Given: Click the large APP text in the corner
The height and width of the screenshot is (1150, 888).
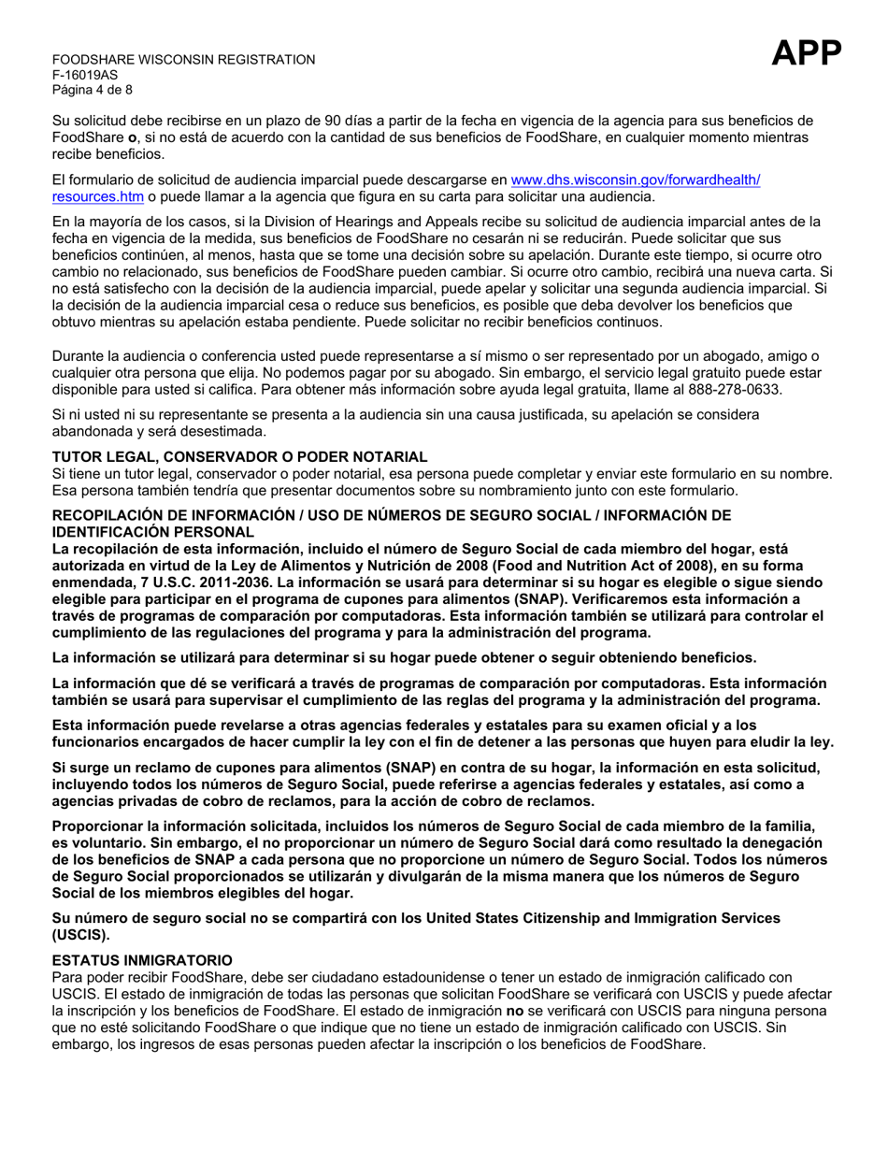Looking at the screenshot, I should pyautogui.click(x=808, y=56).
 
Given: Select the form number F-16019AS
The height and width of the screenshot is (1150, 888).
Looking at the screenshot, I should pyautogui.click(x=85, y=75).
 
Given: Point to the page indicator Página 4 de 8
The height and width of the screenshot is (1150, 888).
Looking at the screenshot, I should pyautogui.click(x=93, y=90).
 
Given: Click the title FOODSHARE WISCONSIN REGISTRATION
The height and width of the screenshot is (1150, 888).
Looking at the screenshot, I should pyautogui.click(x=183, y=60).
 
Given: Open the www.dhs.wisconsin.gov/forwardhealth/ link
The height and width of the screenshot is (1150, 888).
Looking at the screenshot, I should pyautogui.click(x=637, y=180).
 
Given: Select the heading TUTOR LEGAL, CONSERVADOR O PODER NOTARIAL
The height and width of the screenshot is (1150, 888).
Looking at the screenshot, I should pyautogui.click(x=239, y=456).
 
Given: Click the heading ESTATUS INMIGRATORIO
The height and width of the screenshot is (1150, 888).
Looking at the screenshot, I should pyautogui.click(x=141, y=960).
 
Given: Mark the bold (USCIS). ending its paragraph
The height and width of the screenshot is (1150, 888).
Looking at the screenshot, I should pyautogui.click(x=80, y=934).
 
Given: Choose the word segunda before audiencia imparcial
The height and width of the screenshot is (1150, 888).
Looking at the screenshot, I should pyautogui.click(x=642, y=289).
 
